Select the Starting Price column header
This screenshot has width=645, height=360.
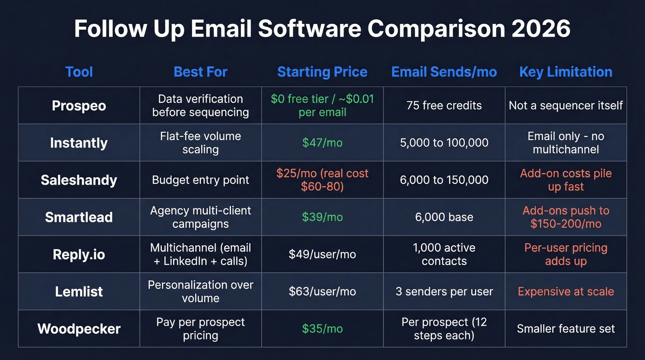322,72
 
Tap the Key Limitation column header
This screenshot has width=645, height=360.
566,72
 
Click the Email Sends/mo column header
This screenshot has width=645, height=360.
444,72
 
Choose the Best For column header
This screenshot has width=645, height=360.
200,72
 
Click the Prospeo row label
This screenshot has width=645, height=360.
79,106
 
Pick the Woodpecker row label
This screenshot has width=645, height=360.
79,329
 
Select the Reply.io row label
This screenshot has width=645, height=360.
79,254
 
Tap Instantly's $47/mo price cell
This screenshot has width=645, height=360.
322,143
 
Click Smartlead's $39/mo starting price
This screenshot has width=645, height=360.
322,217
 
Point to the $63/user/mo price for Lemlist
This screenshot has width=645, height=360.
322,291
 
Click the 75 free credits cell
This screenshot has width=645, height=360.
444,106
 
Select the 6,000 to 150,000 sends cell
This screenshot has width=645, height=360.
444,180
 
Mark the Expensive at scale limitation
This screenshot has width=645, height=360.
566,291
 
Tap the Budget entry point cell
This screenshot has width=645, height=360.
200,180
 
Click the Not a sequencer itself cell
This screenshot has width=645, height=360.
566,106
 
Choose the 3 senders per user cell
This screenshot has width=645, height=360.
444,291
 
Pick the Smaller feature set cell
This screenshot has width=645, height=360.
566,329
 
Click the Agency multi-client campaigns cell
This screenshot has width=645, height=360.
200,217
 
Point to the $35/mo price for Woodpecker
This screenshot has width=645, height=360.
322,329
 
